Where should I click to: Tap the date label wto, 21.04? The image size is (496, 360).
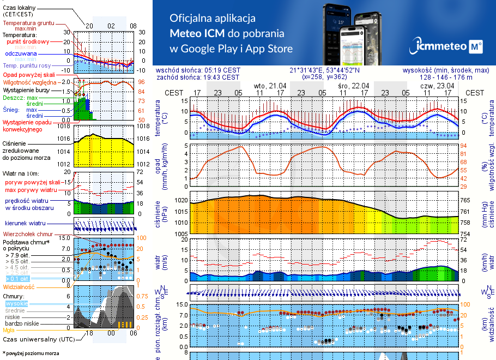click(x=270, y=86)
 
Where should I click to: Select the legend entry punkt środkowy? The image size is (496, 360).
click(x=30, y=41)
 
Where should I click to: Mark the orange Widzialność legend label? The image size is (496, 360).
click(x=19, y=286)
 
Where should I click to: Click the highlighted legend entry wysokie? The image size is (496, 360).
click(x=16, y=303)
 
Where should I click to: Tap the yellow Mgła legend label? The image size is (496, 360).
click(x=9, y=330)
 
